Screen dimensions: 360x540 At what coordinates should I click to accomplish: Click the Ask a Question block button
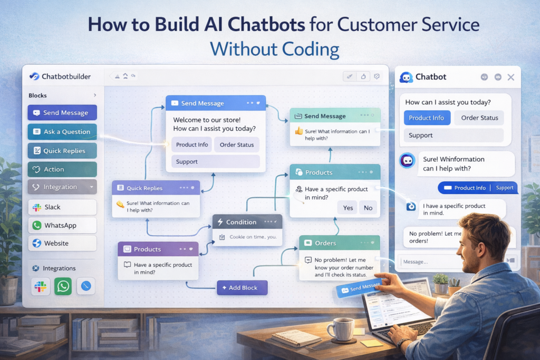[x=62, y=132]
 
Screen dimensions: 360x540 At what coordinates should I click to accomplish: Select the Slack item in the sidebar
[x=62, y=207]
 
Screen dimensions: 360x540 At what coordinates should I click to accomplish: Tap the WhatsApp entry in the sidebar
[x=62, y=225]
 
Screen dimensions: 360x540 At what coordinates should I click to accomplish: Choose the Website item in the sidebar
[x=62, y=243]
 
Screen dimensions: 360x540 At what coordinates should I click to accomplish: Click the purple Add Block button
[x=242, y=288]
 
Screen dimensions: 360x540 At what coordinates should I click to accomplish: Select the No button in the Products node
[x=368, y=208]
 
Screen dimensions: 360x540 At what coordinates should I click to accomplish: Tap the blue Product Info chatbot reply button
[x=427, y=118]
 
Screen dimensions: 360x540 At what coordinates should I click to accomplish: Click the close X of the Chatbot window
[x=510, y=77]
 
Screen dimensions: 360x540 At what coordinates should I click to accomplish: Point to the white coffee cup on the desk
[x=340, y=329]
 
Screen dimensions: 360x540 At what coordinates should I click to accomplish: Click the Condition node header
[x=247, y=222]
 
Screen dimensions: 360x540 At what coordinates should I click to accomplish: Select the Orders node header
[x=339, y=243]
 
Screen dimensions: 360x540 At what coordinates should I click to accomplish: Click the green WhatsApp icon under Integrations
[x=63, y=286]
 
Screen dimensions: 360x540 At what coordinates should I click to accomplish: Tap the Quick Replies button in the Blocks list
[x=62, y=151]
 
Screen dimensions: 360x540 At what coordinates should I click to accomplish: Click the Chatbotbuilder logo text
[x=66, y=76]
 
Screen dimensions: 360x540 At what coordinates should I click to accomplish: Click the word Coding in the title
[x=303, y=49]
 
